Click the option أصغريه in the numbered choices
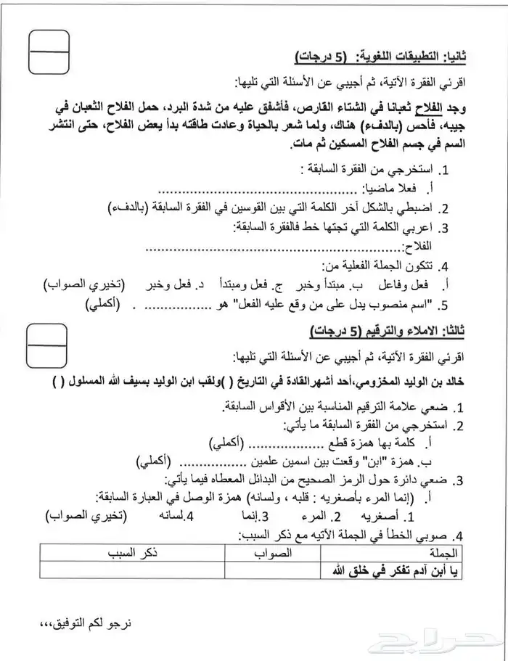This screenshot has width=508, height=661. [x=396, y=517]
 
